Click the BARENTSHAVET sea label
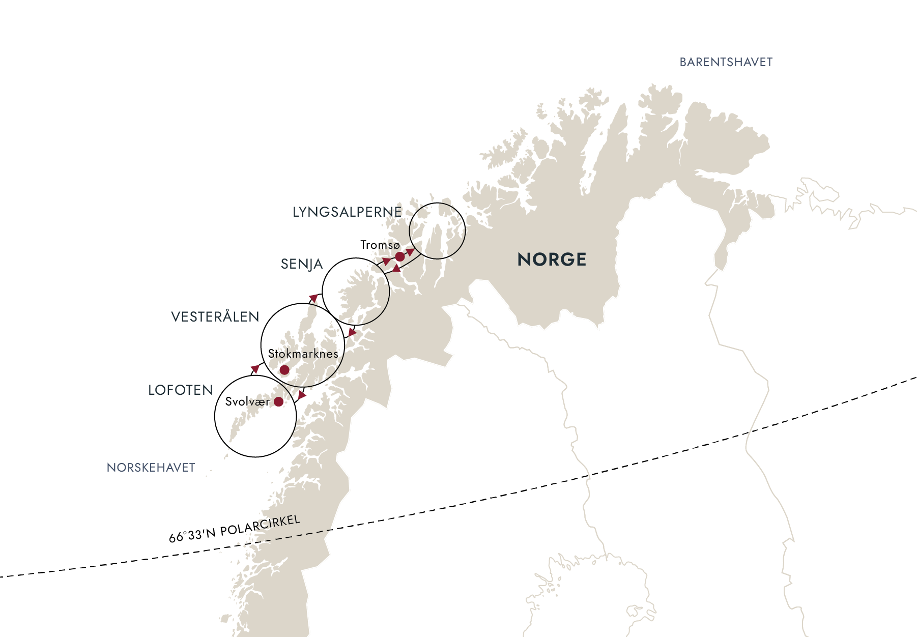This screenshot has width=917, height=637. (726, 62)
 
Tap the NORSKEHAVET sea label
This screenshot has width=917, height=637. (151, 468)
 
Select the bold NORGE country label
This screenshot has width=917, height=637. (552, 259)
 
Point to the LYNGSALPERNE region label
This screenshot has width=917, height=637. (347, 212)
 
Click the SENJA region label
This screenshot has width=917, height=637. (302, 264)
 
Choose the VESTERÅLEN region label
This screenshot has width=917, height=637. (215, 317)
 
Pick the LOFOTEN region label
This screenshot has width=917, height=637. (181, 390)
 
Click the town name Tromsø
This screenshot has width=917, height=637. (380, 245)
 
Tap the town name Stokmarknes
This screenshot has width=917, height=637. (303, 354)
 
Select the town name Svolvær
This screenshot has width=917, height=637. (247, 402)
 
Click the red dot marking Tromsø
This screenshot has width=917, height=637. (400, 256)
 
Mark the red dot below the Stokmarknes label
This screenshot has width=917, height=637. (284, 370)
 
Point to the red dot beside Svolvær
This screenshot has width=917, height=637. (278, 402)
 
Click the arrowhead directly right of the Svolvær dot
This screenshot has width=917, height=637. (302, 395)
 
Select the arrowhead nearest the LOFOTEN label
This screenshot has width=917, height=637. (255, 368)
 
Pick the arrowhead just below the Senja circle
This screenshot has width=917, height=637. (352, 332)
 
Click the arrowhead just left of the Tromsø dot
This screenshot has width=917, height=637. (387, 262)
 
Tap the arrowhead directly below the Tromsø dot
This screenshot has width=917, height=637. (396, 268)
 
